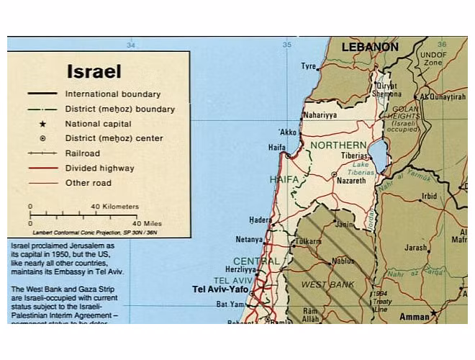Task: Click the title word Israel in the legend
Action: pyautogui.click(x=94, y=72)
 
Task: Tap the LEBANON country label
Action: pyautogui.click(x=369, y=48)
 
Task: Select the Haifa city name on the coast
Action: pyautogui.click(x=277, y=148)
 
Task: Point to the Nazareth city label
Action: pyautogui.click(x=351, y=181)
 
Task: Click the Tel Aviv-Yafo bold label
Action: pyautogui.click(x=220, y=289)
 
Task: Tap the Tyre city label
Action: pyautogui.click(x=308, y=66)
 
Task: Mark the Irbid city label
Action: pyautogui.click(x=430, y=196)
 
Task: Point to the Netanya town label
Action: pyautogui.click(x=248, y=240)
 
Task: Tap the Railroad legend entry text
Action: pyautogui.click(x=82, y=153)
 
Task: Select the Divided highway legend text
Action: pyautogui.click(x=99, y=168)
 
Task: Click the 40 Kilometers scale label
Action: pyautogui.click(x=114, y=207)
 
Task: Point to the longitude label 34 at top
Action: pyautogui.click(x=130, y=45)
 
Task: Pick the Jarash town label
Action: pyautogui.click(x=415, y=248)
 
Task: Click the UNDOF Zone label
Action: pyautogui.click(x=433, y=58)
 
